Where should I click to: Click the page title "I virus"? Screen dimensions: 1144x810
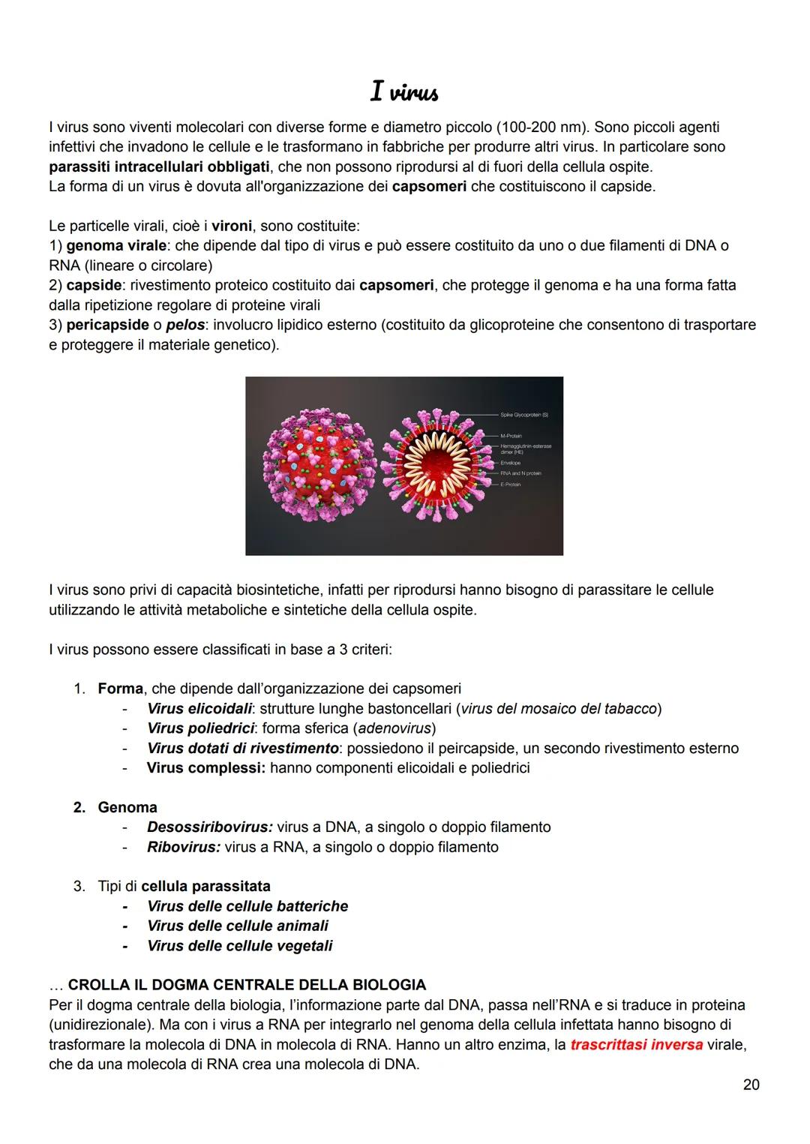(x=404, y=92)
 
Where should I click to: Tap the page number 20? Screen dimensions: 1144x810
(x=751, y=1084)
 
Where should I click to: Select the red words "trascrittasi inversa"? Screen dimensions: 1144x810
(x=636, y=1044)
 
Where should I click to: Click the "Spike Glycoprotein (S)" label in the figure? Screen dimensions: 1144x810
(x=524, y=414)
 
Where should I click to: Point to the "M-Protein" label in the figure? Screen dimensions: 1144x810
(x=511, y=436)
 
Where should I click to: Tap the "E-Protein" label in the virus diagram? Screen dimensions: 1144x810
(x=510, y=485)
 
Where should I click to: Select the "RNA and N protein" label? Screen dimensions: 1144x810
(x=520, y=473)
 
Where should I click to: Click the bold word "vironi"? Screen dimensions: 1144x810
(x=232, y=226)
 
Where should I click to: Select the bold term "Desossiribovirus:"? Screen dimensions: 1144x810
(x=209, y=827)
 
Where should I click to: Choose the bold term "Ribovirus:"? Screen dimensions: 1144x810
(x=183, y=847)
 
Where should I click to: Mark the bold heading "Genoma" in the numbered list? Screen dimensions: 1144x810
(x=127, y=807)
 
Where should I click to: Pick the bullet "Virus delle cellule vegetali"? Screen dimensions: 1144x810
(x=239, y=945)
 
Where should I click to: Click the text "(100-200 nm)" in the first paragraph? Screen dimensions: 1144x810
(x=541, y=127)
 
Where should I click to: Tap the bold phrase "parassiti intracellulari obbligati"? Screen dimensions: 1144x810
(x=159, y=167)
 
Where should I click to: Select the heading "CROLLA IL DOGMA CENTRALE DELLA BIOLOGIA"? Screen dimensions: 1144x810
(x=247, y=984)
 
